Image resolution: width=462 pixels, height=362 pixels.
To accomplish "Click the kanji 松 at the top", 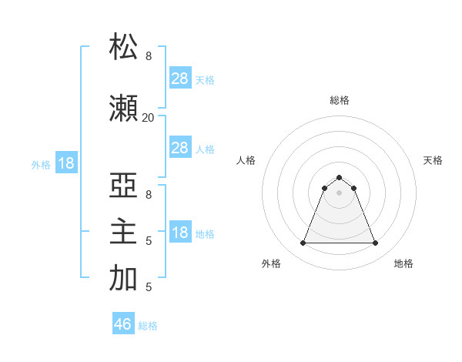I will [124, 47].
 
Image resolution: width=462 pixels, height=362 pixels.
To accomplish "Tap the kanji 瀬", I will [124, 110].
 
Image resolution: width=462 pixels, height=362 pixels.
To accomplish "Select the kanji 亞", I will [124, 188].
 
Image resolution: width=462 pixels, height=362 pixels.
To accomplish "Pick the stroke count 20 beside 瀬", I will [148, 117].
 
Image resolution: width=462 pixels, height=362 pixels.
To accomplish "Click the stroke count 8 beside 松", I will [149, 56].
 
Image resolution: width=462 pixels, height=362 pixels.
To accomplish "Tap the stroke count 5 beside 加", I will [149, 287].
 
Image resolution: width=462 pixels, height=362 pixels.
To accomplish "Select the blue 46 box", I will [123, 324].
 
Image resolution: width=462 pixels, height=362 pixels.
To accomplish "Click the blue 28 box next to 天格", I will [180, 79].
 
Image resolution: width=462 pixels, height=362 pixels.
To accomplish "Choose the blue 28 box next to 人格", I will [180, 148].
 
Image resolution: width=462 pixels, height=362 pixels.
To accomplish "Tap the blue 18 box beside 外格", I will [65, 163].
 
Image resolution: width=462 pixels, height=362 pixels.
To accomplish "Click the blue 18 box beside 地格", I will [180, 233].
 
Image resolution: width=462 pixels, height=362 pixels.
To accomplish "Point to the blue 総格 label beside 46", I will [148, 326].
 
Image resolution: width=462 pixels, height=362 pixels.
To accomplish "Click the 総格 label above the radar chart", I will [339, 101].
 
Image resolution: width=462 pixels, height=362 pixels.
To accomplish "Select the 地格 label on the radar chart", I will [403, 264].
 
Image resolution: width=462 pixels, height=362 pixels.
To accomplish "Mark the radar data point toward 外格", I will [303, 243].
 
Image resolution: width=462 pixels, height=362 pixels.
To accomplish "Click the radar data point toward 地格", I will [375, 243].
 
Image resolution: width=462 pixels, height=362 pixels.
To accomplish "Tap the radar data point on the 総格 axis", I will [339, 177].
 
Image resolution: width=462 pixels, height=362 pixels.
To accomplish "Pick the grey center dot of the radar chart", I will [339, 192].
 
